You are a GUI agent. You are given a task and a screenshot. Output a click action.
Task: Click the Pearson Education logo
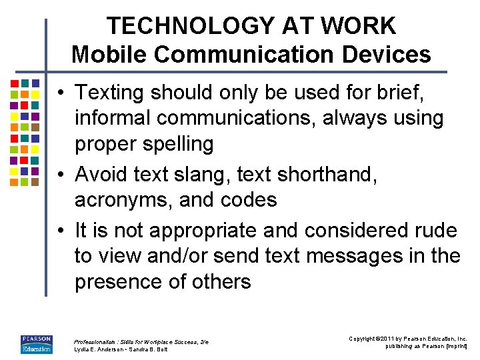[x=36, y=343]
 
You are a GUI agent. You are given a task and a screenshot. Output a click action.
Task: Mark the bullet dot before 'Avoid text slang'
[x=61, y=175]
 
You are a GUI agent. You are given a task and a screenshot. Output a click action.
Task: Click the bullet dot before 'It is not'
[x=61, y=231]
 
